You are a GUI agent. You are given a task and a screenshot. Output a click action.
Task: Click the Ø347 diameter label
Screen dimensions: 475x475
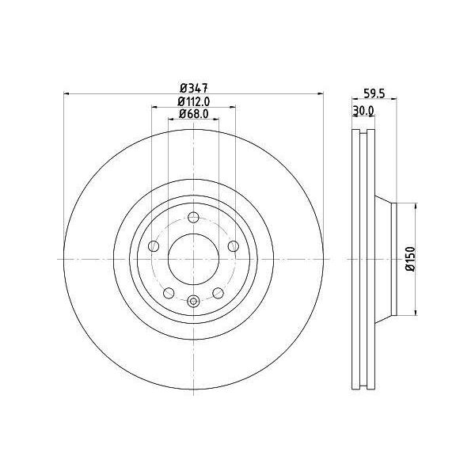tap(194, 88)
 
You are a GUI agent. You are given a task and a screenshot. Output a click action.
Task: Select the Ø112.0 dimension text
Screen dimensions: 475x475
tap(194, 101)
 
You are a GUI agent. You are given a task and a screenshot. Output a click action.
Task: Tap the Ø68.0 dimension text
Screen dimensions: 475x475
tap(194, 113)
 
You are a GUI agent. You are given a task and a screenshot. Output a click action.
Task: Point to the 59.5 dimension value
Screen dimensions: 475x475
tap(374, 93)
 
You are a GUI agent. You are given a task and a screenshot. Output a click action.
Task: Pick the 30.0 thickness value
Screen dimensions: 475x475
tap(363, 111)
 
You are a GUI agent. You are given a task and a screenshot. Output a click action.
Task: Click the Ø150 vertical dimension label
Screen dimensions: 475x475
tap(410, 259)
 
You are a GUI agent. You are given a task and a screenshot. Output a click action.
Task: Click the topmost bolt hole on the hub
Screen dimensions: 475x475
tap(193, 217)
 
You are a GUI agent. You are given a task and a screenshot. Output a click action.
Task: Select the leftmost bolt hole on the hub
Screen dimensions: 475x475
tap(154, 246)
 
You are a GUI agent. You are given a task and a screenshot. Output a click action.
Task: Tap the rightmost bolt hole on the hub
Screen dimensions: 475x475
tap(234, 246)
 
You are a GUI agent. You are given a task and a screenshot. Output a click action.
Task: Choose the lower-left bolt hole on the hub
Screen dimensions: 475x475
tap(169, 293)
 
